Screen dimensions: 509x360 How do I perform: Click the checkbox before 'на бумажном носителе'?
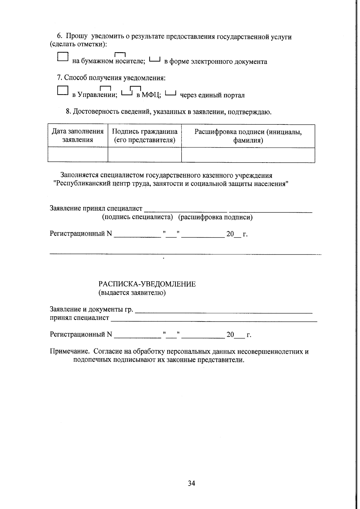tap(63, 57)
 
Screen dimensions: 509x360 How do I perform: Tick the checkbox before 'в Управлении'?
tap(63, 91)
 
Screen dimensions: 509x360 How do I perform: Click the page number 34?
tap(191, 483)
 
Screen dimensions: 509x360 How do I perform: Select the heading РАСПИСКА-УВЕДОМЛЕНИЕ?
tap(147, 284)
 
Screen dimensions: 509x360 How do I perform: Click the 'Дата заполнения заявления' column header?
tap(78, 136)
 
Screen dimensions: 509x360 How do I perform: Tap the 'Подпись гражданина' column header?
tap(145, 136)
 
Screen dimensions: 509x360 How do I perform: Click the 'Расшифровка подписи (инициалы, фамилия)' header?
tap(248, 136)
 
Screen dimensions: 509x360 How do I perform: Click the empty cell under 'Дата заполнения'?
tap(78, 155)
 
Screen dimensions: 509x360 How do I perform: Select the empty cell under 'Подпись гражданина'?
tap(145, 155)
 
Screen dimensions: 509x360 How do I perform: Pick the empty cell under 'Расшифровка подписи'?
tap(248, 155)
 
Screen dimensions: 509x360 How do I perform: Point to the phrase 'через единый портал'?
tap(212, 95)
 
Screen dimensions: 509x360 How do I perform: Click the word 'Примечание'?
tap(69, 352)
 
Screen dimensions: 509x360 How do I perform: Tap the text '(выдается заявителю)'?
tap(132, 293)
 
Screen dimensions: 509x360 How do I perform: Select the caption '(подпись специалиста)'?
tap(138, 217)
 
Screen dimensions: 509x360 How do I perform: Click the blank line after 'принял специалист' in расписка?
tap(214, 320)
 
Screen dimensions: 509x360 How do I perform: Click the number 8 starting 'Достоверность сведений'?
tap(68, 112)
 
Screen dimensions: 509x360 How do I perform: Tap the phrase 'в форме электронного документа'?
tap(215, 62)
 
